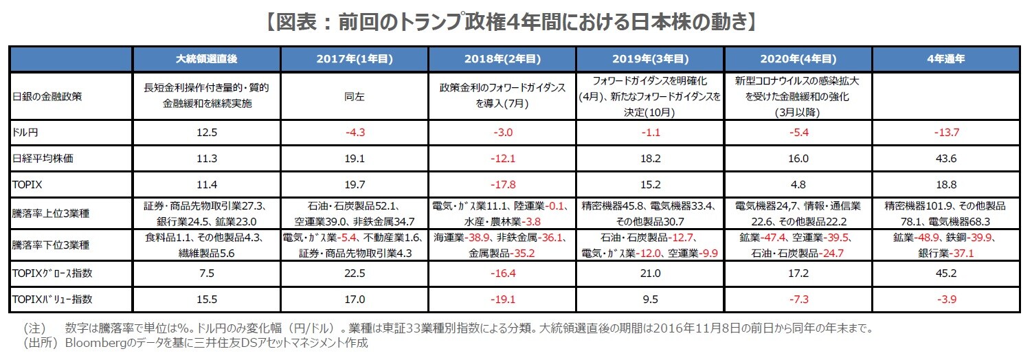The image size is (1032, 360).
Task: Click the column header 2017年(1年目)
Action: pos(354,59)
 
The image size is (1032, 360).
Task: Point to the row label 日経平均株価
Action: pos(36,158)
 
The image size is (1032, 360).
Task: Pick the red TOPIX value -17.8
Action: pos(502,185)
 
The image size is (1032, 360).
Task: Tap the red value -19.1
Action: pos(502,299)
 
